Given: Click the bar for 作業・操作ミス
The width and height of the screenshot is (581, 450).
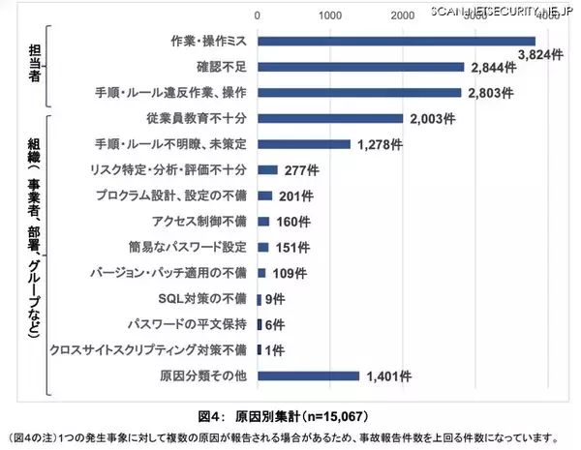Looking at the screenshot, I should tap(396, 42).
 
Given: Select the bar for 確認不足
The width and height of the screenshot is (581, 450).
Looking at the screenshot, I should tap(360, 67).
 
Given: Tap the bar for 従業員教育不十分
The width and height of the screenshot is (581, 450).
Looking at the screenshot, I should tap(329, 118).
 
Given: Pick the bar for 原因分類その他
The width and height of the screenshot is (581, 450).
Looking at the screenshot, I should tap(308, 375).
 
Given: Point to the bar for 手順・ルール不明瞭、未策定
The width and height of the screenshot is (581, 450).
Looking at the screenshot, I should tap(303, 144).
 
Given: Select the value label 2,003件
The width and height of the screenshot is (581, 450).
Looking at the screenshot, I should tap(433, 119).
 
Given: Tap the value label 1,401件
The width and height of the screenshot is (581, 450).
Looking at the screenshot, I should tap(389, 376).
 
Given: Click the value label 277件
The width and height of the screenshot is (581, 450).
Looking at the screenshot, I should tap(300, 170).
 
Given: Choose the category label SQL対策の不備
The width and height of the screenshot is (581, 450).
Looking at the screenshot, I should tap(205, 298).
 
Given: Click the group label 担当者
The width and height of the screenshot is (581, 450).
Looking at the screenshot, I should tap(34, 65).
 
